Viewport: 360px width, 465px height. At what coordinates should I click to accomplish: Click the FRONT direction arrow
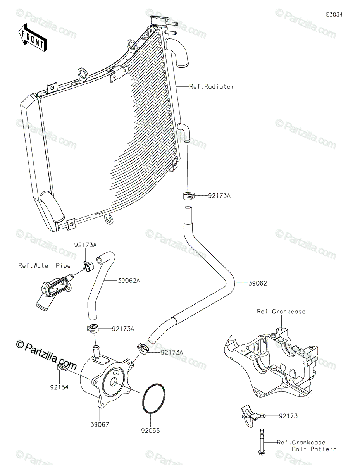[x=33, y=37]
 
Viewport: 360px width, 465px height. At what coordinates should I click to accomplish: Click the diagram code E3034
[x=334, y=15]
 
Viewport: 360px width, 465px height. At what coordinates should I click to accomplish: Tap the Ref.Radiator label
[x=212, y=87]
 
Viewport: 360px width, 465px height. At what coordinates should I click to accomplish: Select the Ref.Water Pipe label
[x=45, y=266]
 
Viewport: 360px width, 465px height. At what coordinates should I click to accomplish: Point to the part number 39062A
[x=129, y=281]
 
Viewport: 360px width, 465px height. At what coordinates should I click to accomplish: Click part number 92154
[x=59, y=387]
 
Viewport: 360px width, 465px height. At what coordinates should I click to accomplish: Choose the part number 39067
[x=100, y=425]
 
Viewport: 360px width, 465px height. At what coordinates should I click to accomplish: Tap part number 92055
[x=150, y=431]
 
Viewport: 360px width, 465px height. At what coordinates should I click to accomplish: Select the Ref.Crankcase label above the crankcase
[x=281, y=312]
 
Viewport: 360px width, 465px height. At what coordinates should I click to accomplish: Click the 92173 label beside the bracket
[x=288, y=416]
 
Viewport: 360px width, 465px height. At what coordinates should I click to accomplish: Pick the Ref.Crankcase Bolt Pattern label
[x=307, y=445]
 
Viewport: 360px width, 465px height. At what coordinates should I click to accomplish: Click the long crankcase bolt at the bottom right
[x=262, y=441]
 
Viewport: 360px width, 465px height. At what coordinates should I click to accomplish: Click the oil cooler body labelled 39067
[x=106, y=380]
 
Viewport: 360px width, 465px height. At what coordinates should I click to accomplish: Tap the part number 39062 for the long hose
[x=258, y=283]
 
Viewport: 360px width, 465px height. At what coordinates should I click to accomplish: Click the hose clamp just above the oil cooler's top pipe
[x=93, y=329]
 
